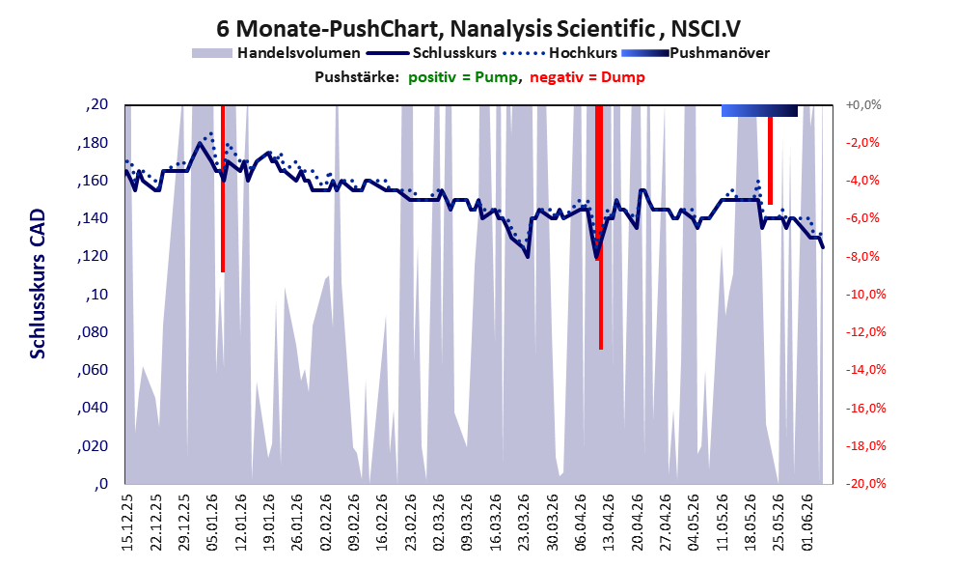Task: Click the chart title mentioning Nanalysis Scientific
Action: pos(478,28)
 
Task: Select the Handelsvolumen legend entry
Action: pos(276,53)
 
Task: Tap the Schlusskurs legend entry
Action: pos(431,53)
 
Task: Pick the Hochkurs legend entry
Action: pos(560,53)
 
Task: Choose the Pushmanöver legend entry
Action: pos(696,53)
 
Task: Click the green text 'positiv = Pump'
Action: pos(463,77)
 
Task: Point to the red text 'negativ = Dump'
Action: pos(587,77)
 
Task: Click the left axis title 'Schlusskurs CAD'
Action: pos(38,284)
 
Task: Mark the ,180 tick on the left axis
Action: pos(93,143)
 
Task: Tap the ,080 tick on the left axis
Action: pos(93,332)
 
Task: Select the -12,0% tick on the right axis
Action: pos(865,332)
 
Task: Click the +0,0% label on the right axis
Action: pos(863,105)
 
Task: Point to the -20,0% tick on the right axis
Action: pos(865,483)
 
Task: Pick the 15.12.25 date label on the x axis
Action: pos(127,523)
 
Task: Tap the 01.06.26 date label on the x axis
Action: pos(807,523)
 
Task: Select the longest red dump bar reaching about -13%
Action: pos(600,227)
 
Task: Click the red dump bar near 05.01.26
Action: pos(223,188)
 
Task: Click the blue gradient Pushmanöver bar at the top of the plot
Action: pos(759,110)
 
